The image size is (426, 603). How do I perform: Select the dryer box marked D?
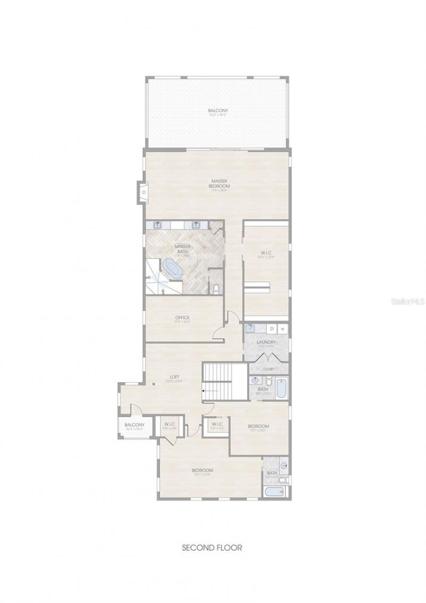(x=272, y=329)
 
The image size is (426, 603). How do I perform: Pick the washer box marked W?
(x=283, y=329)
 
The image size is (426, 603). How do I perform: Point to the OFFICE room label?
(x=183, y=318)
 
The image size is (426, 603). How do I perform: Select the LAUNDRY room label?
(x=266, y=342)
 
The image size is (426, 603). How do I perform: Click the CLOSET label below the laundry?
(x=269, y=369)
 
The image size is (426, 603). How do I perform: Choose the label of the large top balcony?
(x=218, y=111)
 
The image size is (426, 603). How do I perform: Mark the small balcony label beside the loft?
(x=131, y=425)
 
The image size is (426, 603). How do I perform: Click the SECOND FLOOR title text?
(x=212, y=547)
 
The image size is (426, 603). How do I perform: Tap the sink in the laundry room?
(x=249, y=329)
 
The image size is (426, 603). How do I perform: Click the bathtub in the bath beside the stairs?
(x=281, y=389)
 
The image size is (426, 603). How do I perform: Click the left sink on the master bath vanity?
(x=158, y=225)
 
